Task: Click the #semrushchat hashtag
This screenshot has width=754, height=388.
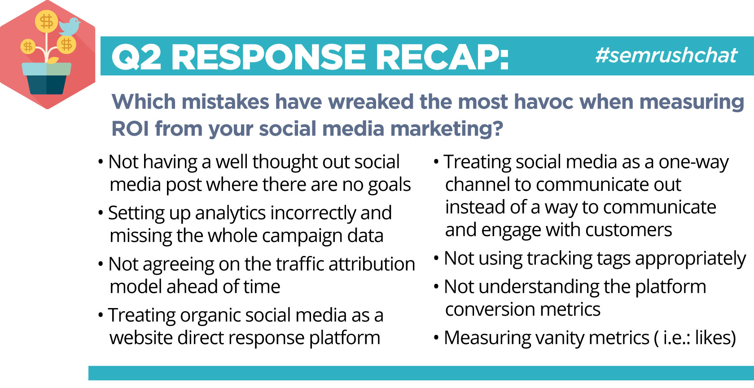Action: tap(666, 55)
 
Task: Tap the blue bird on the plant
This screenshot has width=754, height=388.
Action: tap(70, 26)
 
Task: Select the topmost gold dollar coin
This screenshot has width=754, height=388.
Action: tap(47, 21)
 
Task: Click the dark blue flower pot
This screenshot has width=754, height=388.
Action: tap(47, 84)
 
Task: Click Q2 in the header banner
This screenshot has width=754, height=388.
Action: tap(136, 57)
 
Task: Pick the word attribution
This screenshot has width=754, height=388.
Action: tap(372, 264)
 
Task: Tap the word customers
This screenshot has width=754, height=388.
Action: tap(628, 230)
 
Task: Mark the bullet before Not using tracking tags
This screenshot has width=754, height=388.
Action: tap(436, 259)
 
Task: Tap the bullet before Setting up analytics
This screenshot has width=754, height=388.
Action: tap(101, 213)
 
